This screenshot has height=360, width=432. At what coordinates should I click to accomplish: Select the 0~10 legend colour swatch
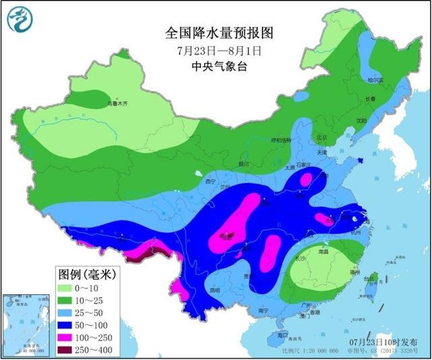point(67,288)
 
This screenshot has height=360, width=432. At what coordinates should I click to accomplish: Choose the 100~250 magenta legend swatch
point(67,336)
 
